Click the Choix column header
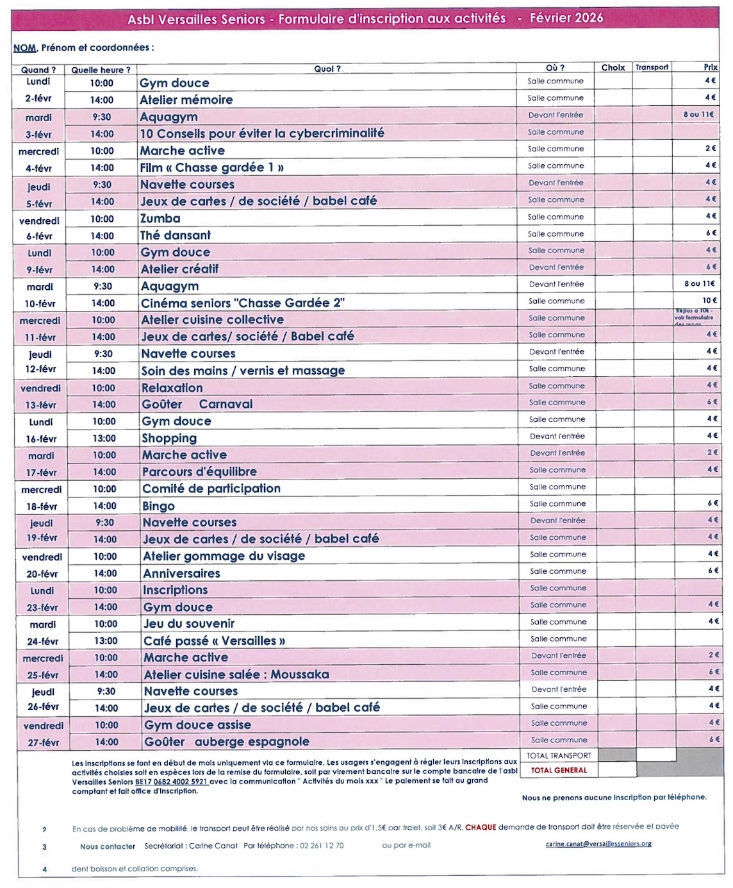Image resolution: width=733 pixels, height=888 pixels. (613, 67)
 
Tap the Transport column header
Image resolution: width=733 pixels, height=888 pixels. (652, 67)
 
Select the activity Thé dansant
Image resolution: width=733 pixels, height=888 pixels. (176, 235)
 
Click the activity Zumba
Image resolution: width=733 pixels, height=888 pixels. (160, 219)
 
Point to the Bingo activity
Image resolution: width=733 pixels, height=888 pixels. (159, 506)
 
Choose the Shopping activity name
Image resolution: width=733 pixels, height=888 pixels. (169, 439)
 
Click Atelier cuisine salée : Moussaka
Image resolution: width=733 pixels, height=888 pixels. (236, 674)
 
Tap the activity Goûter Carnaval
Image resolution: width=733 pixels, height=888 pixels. (197, 405)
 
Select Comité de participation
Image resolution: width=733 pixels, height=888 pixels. (211, 489)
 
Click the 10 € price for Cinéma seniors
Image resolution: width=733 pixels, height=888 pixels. (709, 301)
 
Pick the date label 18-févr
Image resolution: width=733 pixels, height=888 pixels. (42, 507)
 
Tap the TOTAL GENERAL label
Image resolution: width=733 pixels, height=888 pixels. (559, 770)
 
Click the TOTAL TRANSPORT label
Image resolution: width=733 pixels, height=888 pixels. (559, 755)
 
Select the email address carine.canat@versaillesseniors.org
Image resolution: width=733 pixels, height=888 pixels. (598, 844)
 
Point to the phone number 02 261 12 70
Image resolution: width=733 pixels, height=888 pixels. (322, 846)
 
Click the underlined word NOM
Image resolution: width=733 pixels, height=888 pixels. (25, 48)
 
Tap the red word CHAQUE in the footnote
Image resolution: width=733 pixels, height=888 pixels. (481, 827)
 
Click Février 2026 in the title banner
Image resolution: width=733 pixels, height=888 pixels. (566, 18)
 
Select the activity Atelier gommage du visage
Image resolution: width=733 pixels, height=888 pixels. (224, 557)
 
